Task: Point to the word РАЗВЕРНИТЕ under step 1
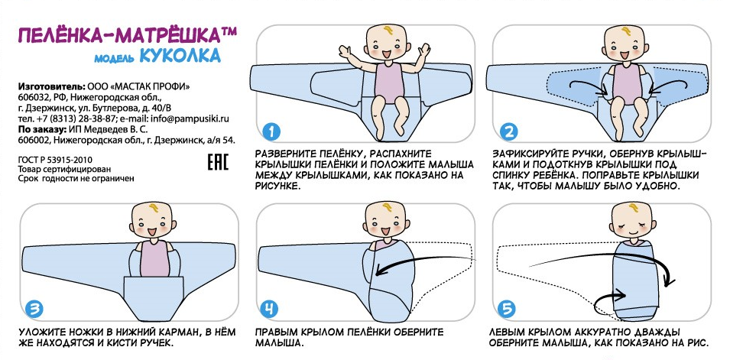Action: click(287, 154)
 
